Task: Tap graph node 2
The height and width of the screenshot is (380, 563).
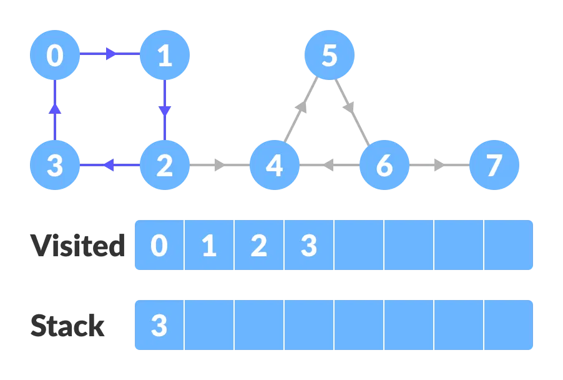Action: click(164, 166)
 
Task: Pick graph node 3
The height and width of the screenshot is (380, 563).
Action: click(55, 166)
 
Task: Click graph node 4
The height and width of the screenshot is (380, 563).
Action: click(275, 166)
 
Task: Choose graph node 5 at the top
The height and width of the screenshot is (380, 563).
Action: click(329, 56)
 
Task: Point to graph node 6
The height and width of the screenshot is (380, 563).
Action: click(384, 166)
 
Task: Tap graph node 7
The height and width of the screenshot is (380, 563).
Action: click(494, 166)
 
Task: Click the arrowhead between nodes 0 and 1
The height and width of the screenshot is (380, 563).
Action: click(111, 54)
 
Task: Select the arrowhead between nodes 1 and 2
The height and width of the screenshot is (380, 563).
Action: click(164, 111)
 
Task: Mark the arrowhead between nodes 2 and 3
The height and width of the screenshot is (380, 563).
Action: click(108, 166)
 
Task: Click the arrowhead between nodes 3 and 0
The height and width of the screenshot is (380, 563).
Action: click(55, 109)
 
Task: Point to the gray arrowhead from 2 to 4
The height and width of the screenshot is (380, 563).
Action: click(220, 166)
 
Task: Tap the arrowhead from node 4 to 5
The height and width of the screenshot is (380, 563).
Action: click(302, 107)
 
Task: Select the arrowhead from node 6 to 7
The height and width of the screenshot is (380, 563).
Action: click(440, 166)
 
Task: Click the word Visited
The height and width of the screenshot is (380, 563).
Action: click(78, 246)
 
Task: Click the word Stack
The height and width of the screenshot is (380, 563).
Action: click(67, 326)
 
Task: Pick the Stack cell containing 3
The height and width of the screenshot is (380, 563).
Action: click(160, 326)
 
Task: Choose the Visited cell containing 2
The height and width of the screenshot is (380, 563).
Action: click(259, 246)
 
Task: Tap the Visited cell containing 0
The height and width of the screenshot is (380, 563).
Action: click(160, 246)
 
